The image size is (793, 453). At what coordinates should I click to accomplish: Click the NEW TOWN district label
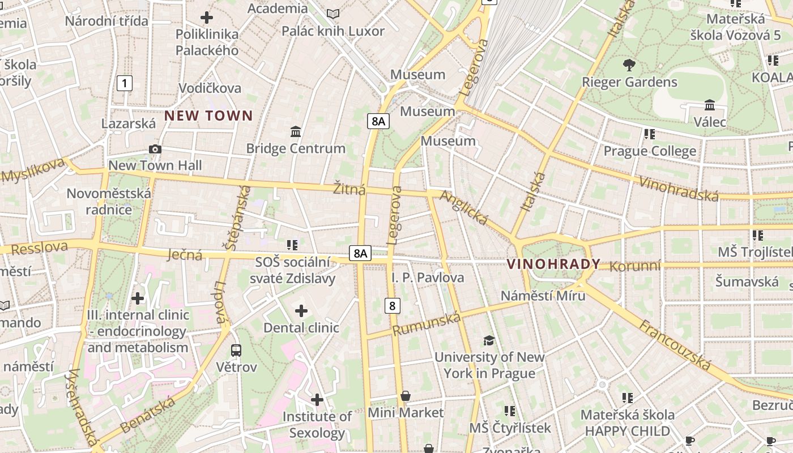[x=208, y=116]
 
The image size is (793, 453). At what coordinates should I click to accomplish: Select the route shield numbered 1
[x=124, y=83]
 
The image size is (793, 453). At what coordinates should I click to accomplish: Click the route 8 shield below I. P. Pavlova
[x=392, y=306]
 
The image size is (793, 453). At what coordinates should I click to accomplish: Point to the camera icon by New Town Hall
[x=155, y=149]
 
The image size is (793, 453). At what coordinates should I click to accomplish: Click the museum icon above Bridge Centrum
[x=295, y=132]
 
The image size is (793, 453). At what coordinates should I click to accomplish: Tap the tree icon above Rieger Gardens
[x=629, y=65]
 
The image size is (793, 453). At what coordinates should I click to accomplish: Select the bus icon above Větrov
[x=236, y=351]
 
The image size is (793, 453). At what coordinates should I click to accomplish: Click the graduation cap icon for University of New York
[x=489, y=340]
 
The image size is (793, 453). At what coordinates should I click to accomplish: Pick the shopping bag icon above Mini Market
[x=405, y=396]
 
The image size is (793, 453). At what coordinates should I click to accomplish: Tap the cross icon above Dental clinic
[x=301, y=311]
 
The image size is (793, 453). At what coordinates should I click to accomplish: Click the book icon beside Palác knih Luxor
[x=334, y=14]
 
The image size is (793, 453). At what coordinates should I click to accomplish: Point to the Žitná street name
[x=349, y=189]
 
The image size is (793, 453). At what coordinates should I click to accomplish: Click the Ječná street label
[x=185, y=255]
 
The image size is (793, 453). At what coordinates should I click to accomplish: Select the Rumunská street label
[x=427, y=324]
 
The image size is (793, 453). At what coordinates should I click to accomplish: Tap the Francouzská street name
[x=675, y=344]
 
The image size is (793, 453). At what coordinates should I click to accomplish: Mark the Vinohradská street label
[x=679, y=189]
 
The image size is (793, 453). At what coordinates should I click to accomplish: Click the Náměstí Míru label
[x=543, y=295]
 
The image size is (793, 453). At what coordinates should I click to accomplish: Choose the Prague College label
[x=650, y=151]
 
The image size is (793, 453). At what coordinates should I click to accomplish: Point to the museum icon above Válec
[x=709, y=105]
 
